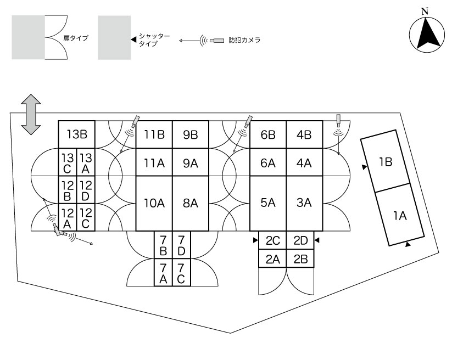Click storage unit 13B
point(77,134)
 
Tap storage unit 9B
point(191,134)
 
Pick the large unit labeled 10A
point(154,204)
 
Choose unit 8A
point(191,204)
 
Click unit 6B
point(268,134)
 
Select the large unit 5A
point(268,204)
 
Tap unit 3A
point(304,204)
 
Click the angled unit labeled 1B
point(385,161)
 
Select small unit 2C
point(273,240)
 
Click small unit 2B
point(300,258)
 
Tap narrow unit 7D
point(181,245)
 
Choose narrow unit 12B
point(68,190)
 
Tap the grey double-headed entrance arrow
point(31,114)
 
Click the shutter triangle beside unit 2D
point(317,240)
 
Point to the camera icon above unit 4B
point(338,120)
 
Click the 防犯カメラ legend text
point(244,40)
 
